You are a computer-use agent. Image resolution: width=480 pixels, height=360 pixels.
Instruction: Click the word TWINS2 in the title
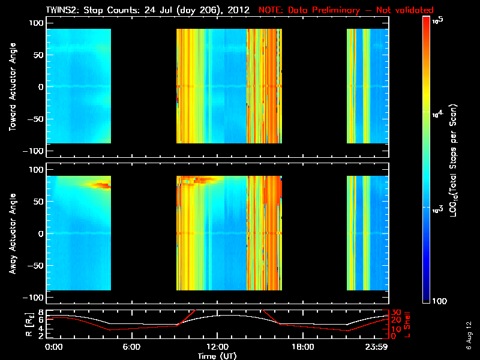pyautogui.click(x=62, y=10)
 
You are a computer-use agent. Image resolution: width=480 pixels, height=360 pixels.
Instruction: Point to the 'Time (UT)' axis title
pyautogui.click(x=217, y=356)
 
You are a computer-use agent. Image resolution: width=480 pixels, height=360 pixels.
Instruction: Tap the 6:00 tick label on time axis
pyautogui.click(x=131, y=347)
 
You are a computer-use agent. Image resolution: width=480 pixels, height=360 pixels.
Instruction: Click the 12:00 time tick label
pyautogui.click(x=217, y=347)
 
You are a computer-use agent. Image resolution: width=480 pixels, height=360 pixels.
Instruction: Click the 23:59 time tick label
pyautogui.click(x=377, y=347)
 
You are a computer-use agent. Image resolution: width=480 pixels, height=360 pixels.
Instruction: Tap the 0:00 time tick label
pyautogui.click(x=54, y=347)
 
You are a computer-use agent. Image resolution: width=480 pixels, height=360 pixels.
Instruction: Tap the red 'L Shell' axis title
pyautogui.click(x=407, y=324)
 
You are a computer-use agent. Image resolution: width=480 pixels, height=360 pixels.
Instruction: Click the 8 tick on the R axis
pyautogui.click(x=41, y=313)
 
